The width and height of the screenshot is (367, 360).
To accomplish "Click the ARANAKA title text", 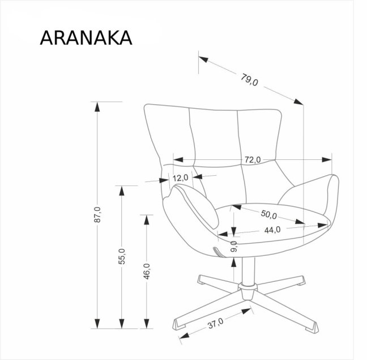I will [x=86, y=37].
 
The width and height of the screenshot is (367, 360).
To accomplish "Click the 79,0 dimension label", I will [x=250, y=81].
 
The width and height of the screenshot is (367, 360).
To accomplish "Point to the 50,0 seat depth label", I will [x=268, y=215].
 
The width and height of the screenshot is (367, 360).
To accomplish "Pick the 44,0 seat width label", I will [x=272, y=230].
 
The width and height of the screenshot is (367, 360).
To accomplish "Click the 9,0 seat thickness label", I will [x=234, y=247].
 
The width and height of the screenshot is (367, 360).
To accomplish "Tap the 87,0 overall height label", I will [x=97, y=215].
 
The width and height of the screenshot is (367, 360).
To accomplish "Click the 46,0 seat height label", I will [x=146, y=272].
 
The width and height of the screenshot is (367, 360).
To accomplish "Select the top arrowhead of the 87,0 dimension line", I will [x=97, y=106].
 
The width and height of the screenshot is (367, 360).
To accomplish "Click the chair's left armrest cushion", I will [x=195, y=205].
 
